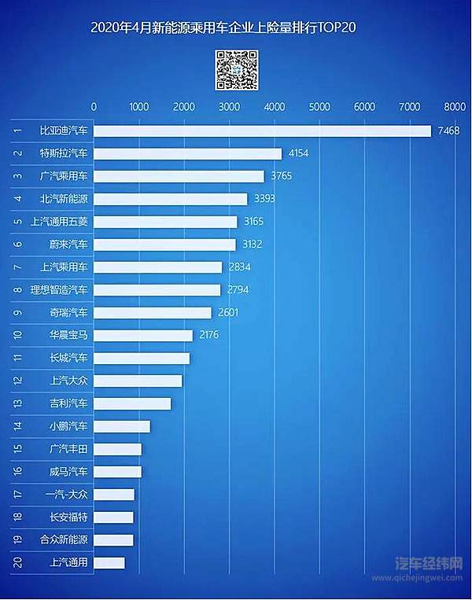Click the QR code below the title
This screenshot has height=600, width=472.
coord(237,69)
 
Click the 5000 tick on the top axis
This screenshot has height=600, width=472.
coord(319,106)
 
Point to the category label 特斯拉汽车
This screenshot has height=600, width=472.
coord(65,153)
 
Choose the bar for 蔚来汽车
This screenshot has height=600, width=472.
coord(164,245)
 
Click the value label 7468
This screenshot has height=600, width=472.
coord(449,131)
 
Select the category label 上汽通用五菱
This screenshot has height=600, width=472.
coord(60,222)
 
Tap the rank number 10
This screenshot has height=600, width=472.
coord(17,336)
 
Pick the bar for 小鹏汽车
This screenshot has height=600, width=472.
coord(122,426)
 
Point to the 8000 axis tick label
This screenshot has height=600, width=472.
coord(455,106)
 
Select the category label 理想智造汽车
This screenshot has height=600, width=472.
coord(60,290)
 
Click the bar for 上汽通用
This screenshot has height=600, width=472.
coord(109,563)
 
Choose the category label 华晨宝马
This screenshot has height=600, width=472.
coord(69,336)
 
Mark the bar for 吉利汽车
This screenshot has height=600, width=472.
coord(132,403)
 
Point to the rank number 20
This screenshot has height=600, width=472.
coord(17,563)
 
